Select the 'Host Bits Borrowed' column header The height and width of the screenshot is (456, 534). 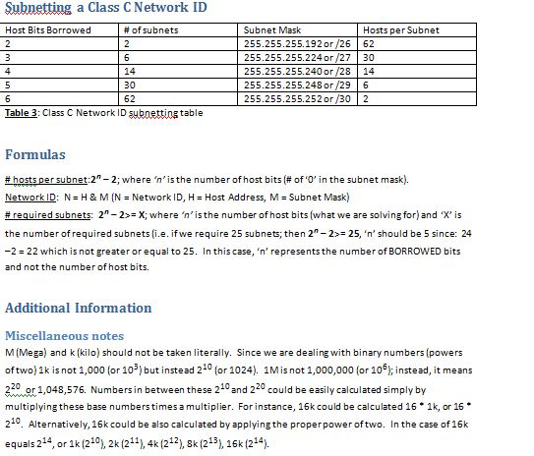point(47,30)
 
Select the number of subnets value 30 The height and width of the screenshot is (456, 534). point(130,85)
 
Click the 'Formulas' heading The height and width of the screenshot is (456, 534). point(35,155)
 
